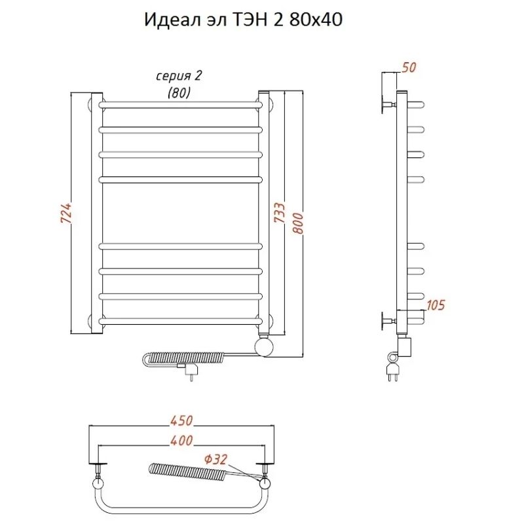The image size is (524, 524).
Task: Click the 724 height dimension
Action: click(65, 213)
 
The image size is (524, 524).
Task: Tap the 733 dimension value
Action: click(278, 213)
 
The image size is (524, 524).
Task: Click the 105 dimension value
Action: click(435, 304)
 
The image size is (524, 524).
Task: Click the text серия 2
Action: click(179, 76)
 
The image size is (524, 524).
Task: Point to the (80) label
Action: click(179, 93)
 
